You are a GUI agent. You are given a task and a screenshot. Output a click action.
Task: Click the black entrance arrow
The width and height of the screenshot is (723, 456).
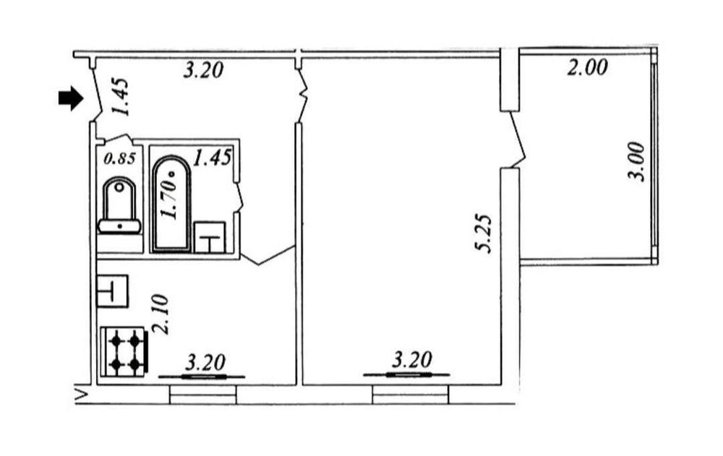click(71, 98)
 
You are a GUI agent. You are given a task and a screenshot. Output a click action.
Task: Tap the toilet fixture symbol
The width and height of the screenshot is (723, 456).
click(119, 206)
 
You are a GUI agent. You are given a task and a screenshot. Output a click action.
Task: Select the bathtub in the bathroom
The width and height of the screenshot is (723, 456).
click(171, 205)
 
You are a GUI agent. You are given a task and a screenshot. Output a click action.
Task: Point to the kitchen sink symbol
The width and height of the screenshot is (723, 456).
click(112, 291)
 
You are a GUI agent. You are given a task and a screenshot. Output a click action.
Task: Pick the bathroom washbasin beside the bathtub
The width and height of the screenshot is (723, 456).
click(210, 238)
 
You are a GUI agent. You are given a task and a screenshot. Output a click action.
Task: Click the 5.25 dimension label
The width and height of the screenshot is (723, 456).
click(484, 233)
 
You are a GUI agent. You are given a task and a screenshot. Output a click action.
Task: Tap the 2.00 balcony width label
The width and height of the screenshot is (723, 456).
click(587, 68)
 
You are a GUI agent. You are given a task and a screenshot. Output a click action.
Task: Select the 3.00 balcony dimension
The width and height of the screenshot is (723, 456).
click(637, 162)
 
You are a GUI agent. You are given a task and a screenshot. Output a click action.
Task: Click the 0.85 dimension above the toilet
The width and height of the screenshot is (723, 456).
click(120, 158)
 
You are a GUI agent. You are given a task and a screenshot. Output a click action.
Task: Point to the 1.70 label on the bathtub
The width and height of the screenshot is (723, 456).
click(168, 198)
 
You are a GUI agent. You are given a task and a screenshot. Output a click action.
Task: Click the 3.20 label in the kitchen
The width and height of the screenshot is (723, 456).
click(205, 362)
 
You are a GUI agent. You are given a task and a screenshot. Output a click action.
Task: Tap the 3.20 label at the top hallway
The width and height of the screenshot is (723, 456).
click(203, 70)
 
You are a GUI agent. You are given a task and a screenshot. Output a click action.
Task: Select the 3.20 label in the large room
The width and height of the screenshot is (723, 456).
click(412, 360)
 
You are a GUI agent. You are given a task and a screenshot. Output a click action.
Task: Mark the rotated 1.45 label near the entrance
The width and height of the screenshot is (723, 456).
click(120, 98)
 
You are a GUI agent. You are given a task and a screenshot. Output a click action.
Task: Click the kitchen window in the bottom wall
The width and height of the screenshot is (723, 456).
click(203, 395)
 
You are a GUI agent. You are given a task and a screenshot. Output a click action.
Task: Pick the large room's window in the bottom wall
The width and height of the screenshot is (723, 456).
click(410, 395)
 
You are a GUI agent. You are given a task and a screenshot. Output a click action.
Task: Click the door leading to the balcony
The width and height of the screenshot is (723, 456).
click(518, 139)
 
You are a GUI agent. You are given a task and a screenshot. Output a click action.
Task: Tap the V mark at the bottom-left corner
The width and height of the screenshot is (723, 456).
click(82, 395)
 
